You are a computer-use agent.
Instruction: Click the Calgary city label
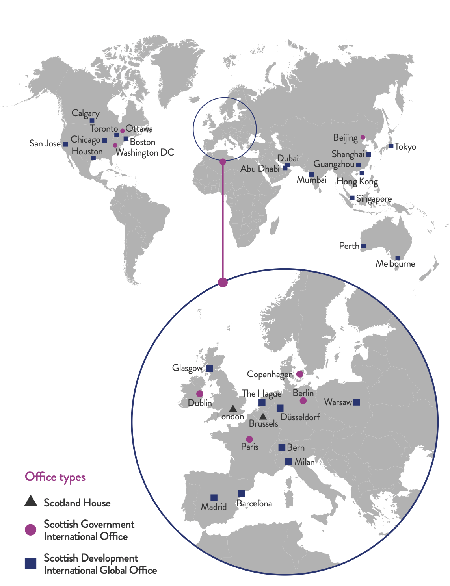coord(85,113)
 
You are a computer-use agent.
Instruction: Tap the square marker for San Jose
coord(65,145)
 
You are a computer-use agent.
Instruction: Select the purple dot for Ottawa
coord(123,131)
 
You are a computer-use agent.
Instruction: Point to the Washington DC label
coord(145,153)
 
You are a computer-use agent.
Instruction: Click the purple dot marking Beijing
coord(363,137)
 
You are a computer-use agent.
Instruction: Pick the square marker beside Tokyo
coord(391,146)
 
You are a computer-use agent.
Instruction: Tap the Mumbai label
coord(311,180)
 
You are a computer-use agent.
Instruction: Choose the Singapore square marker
coord(352,198)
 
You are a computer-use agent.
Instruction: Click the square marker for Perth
coord(363,246)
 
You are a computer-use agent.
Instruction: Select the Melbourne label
coord(395,264)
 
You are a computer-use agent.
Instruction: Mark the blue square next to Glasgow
coord(210,369)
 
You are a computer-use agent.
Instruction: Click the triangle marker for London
coord(233,408)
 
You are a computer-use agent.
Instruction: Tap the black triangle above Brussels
coord(263,416)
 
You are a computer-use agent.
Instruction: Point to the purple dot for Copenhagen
coord(299,374)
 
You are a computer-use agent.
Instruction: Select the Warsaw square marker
coord(356,402)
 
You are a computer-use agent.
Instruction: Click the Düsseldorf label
coord(300,417)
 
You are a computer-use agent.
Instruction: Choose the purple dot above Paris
coord(249,439)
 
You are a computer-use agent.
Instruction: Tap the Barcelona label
coord(254,504)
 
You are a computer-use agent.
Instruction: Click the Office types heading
coord(55,477)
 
